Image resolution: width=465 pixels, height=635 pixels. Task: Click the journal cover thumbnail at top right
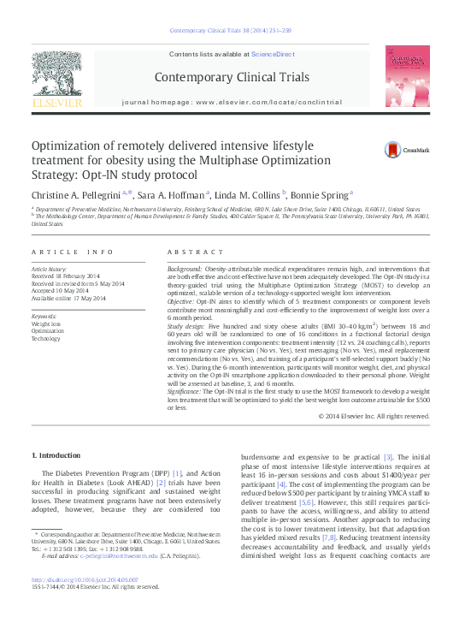pyautogui.click(x=408, y=77)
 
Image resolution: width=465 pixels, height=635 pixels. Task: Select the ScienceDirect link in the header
pyautogui.click(x=273, y=54)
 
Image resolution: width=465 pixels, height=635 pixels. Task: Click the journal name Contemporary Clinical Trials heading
pyautogui.click(x=232, y=78)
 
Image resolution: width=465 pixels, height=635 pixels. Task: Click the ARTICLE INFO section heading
pyautogui.click(x=72, y=252)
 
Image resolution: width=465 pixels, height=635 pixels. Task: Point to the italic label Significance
pyautogui.click(x=185, y=390)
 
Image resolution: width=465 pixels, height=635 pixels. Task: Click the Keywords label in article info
pyautogui.click(x=44, y=317)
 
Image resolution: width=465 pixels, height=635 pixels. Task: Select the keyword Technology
pyautogui.click(x=47, y=338)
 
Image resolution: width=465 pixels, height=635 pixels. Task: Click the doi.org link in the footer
pyautogui.click(x=84, y=580)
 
